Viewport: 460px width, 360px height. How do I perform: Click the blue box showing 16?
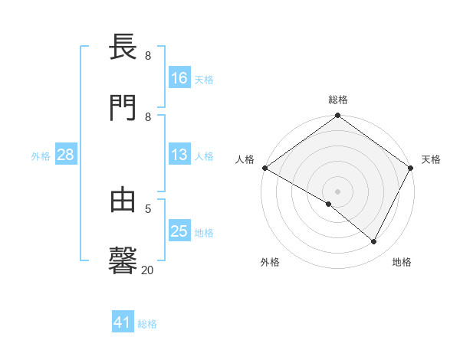(x=179, y=77)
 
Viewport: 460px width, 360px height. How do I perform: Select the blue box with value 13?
(x=179, y=155)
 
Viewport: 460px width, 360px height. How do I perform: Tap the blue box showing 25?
(x=179, y=231)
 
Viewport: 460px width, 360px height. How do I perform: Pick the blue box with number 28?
(x=66, y=155)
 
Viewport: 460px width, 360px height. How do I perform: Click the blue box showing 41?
(x=123, y=322)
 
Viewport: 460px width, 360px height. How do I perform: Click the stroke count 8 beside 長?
(x=148, y=56)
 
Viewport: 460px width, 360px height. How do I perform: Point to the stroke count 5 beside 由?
(x=148, y=208)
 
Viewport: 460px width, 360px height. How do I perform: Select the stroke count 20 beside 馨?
(x=148, y=270)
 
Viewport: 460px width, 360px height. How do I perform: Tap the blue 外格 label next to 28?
(x=41, y=156)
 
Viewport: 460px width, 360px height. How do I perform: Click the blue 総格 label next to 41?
(x=147, y=324)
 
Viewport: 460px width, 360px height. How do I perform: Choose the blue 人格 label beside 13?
(x=204, y=156)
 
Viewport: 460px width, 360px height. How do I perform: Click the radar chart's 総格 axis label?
(x=338, y=100)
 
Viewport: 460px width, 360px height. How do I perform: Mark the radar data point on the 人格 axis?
(x=264, y=168)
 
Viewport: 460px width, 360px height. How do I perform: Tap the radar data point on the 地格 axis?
(x=374, y=242)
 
